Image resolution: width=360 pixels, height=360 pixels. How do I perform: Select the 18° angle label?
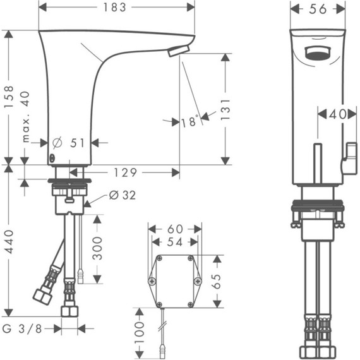tap(189, 121)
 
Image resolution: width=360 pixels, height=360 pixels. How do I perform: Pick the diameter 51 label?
tap(69, 143)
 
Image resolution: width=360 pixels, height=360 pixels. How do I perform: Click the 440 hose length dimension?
tap(8, 241)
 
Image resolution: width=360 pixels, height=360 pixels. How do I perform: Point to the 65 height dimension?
tap(217, 282)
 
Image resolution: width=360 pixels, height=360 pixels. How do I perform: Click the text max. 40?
tap(25, 116)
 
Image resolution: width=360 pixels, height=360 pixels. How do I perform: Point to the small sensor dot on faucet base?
tap(52, 159)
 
